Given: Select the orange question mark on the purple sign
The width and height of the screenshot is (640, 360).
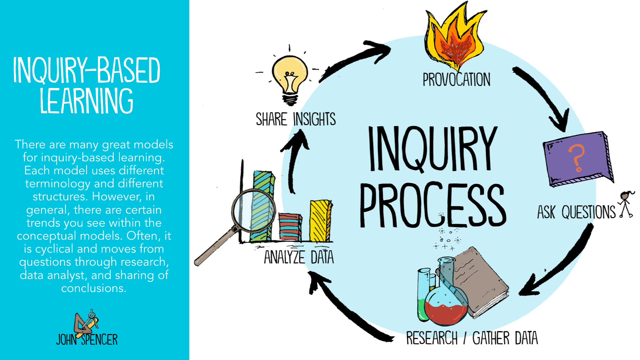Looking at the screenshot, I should (x=576, y=158).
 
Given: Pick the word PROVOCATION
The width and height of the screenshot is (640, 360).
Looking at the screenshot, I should (x=456, y=80).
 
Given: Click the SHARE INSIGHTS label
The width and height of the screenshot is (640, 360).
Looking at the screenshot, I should (x=296, y=119).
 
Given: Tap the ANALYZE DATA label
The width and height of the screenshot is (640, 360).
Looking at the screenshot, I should (x=299, y=257).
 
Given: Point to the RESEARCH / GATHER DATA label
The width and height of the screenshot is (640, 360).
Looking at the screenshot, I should (x=472, y=338).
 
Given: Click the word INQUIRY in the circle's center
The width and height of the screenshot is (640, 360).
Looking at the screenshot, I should (x=432, y=149).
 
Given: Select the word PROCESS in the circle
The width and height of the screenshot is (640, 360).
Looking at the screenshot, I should (x=432, y=205).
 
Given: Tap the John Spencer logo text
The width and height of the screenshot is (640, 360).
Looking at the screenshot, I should (x=87, y=339).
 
